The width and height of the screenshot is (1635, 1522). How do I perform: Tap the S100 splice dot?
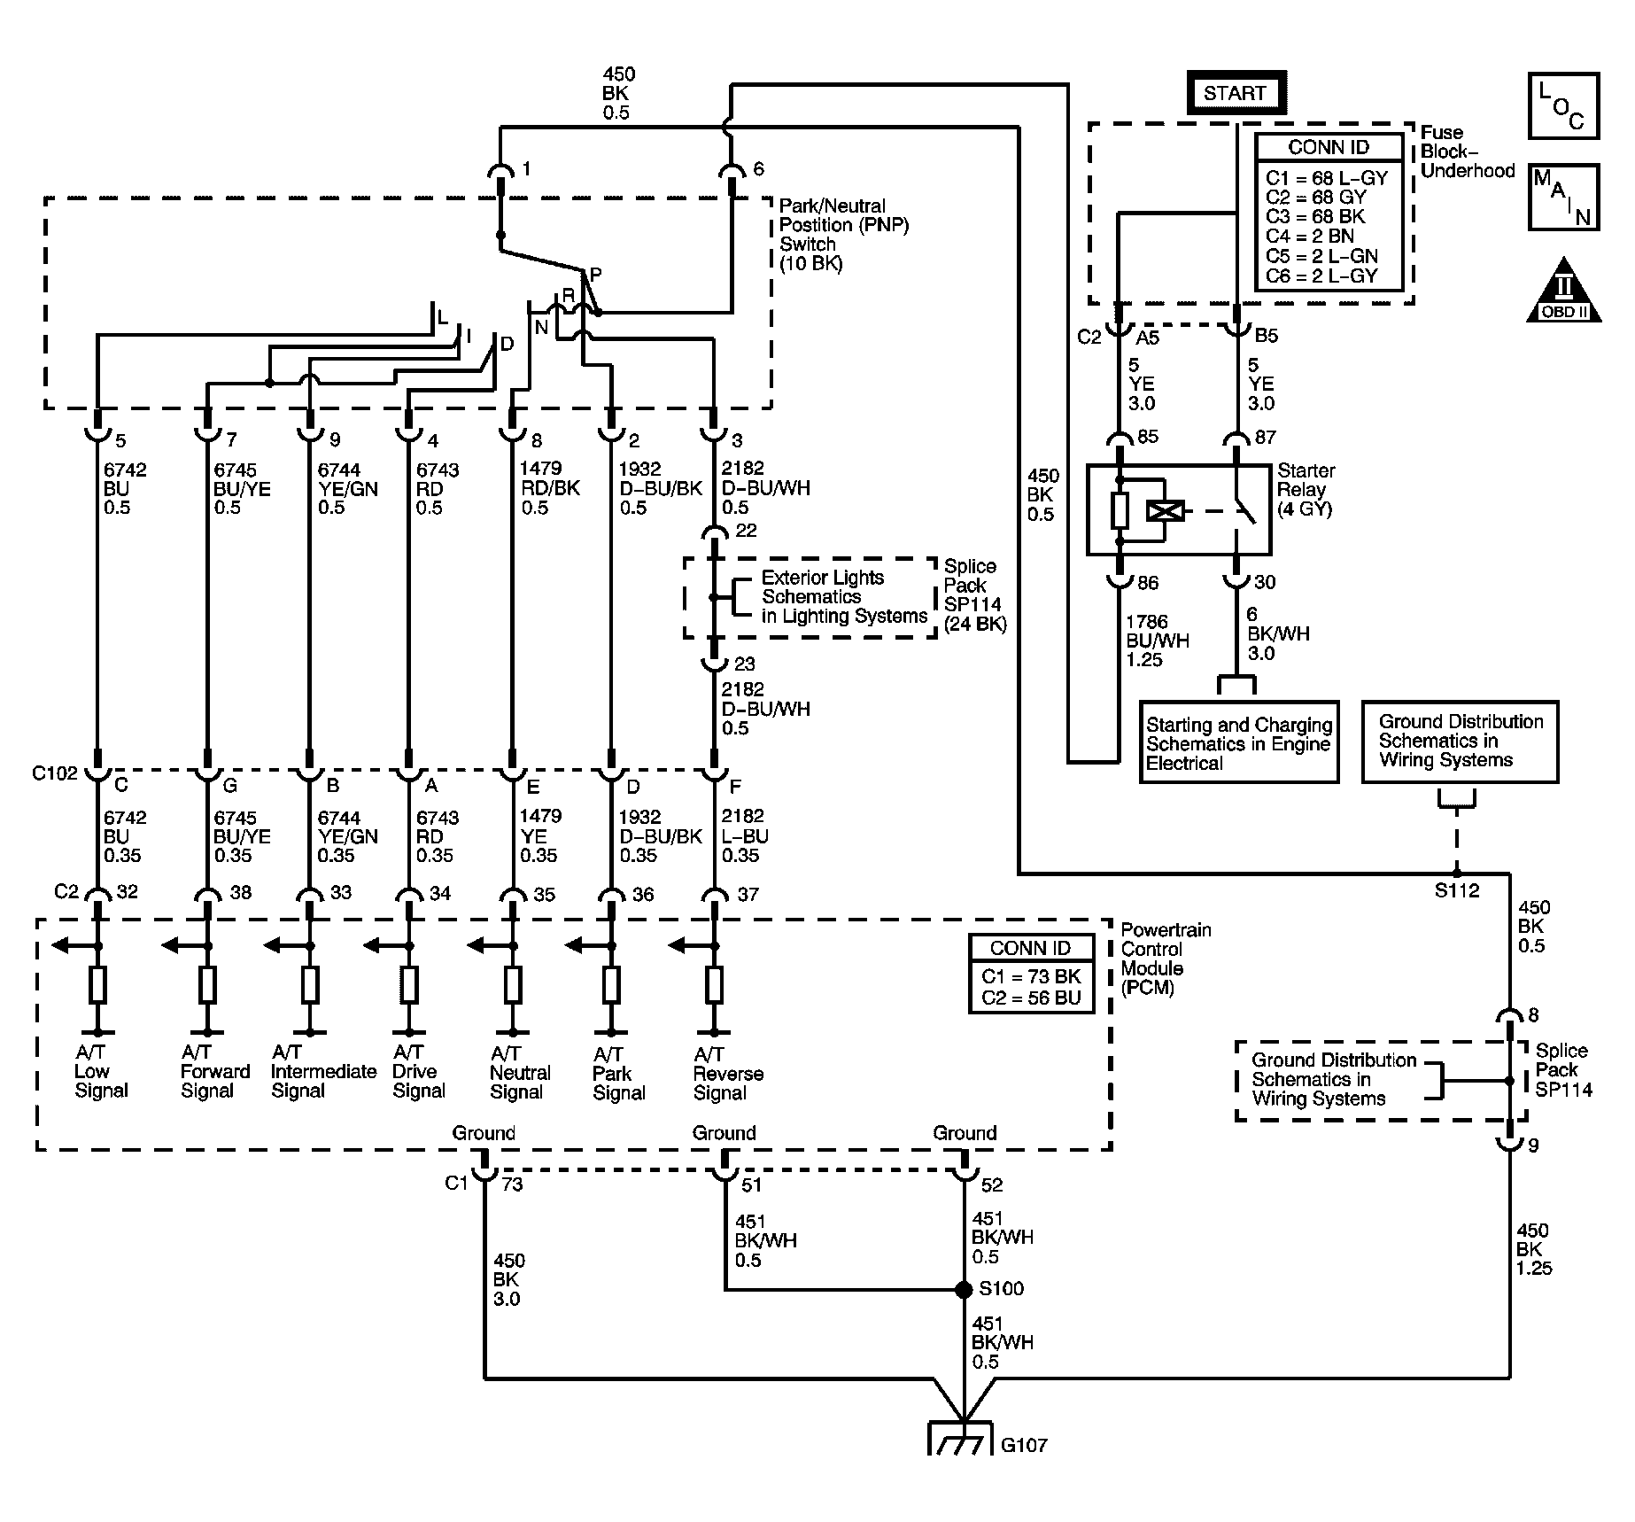964,1290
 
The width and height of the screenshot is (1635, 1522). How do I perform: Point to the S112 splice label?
1457,891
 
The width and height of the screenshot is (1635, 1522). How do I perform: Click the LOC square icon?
1563,105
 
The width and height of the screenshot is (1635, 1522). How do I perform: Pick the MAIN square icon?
1563,197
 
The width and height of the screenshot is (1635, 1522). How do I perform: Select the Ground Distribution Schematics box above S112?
1460,742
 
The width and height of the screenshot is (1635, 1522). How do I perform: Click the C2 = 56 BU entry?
1031,998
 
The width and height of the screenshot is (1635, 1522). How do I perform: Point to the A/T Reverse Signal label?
728,1073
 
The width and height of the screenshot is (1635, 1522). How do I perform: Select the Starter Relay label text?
1306,490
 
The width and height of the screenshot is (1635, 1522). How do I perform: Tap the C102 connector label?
55,773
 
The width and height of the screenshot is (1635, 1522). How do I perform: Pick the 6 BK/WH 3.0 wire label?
1278,634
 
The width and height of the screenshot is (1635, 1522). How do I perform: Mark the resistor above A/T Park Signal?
611,984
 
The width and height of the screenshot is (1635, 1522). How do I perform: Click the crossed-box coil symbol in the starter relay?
1165,511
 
